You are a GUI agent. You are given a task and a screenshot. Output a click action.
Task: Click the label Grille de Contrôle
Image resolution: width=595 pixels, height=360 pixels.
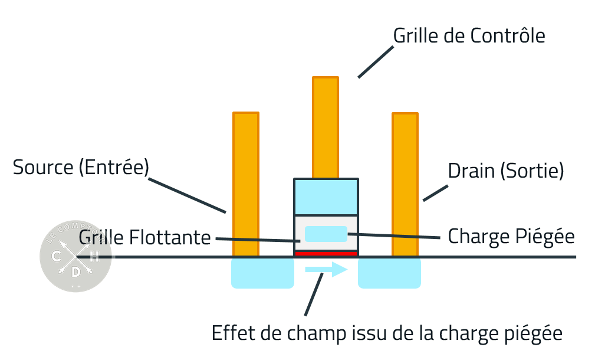[469, 36]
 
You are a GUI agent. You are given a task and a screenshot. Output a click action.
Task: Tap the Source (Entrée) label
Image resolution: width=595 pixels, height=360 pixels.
[81, 168]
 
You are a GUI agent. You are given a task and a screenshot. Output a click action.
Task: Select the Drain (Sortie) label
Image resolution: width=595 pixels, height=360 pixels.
[506, 172]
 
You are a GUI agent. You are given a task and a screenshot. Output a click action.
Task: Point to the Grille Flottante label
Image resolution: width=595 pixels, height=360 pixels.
[144, 238]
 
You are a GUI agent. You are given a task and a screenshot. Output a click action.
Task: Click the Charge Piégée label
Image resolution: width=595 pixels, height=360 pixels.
[511, 236]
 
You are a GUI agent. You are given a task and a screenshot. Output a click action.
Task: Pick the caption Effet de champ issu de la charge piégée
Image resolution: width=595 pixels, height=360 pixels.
[387, 333]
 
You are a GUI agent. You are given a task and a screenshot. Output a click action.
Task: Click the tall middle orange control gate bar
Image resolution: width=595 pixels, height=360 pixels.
[326, 127]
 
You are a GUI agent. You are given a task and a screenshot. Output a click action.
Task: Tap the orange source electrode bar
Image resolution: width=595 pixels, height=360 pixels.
[246, 183]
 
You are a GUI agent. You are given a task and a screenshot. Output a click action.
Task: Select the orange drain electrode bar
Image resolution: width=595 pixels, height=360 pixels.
[405, 183]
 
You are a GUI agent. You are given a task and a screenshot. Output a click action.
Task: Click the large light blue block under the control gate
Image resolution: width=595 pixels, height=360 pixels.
[326, 197]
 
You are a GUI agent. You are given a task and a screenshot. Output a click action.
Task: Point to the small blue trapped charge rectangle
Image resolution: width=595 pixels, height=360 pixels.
[326, 234]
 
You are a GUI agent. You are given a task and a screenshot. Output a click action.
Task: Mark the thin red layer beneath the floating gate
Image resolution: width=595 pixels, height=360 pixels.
[326, 253]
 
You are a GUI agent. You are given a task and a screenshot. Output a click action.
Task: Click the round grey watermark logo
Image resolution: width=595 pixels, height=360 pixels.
[75, 257]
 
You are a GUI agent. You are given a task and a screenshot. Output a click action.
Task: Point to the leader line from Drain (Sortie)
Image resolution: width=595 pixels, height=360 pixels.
[434, 191]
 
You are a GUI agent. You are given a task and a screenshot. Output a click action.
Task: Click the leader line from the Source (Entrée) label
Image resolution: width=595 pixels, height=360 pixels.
[187, 192]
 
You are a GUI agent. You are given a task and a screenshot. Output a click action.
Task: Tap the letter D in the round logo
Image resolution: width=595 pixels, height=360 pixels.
[75, 271]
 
